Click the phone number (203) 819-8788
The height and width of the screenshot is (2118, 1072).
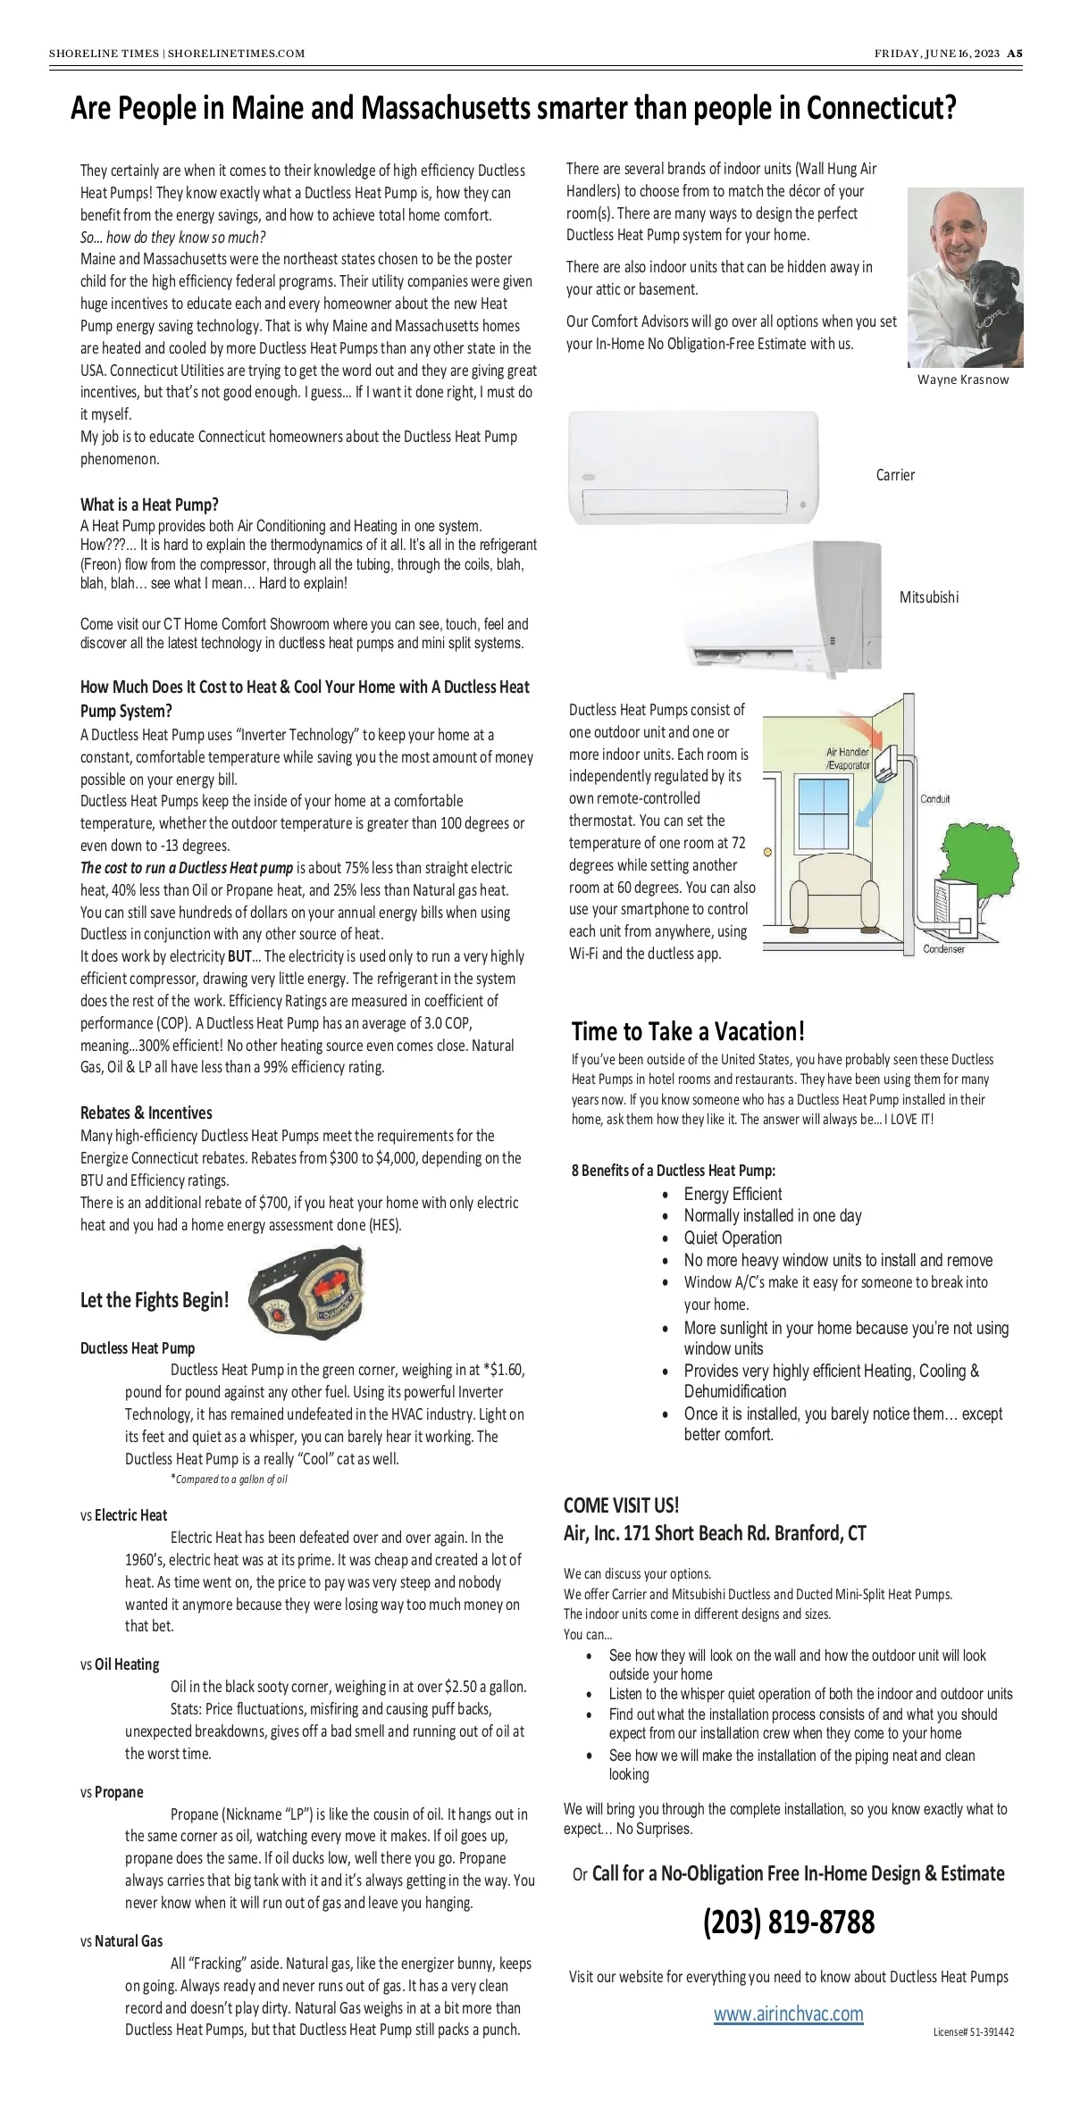click(788, 1921)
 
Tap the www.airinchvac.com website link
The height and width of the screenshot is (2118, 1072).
click(788, 2014)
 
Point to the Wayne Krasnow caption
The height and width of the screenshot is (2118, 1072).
click(963, 379)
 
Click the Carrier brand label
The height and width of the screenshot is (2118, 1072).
click(895, 475)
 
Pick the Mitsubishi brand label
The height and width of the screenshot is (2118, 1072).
click(929, 597)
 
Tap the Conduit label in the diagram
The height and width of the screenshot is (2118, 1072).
click(935, 799)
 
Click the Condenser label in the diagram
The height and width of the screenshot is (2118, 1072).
click(944, 949)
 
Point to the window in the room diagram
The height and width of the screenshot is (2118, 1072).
click(823, 813)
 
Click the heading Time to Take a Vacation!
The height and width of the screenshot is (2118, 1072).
click(688, 1031)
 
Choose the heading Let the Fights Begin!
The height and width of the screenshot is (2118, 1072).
click(155, 1300)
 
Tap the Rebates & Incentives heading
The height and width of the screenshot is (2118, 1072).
click(147, 1113)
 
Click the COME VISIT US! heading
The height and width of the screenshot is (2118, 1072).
click(621, 1505)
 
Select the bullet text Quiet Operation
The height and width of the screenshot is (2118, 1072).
click(733, 1238)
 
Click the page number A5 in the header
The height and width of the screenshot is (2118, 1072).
click(1015, 54)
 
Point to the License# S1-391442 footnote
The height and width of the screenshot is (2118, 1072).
click(973, 2032)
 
